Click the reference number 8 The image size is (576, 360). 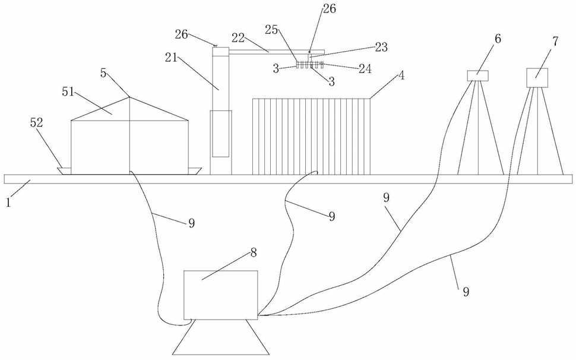pyautogui.click(x=254, y=252)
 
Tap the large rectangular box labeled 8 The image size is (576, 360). pyautogui.click(x=220, y=295)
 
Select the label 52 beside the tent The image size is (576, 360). pyautogui.click(x=36, y=123)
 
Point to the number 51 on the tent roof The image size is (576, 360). pyautogui.click(x=68, y=92)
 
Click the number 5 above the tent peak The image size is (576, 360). pyautogui.click(x=103, y=73)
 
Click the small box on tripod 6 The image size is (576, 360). pyautogui.click(x=477, y=75)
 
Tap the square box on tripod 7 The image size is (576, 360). pyautogui.click(x=537, y=77)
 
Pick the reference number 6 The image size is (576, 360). pyautogui.click(x=498, y=39)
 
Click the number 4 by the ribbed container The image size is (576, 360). pyautogui.click(x=401, y=75)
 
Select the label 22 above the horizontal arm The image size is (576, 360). pyautogui.click(x=238, y=37)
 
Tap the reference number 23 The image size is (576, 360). pyautogui.click(x=381, y=47)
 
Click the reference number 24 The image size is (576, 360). pyautogui.click(x=365, y=69)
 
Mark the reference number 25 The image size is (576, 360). pyautogui.click(x=271, y=30)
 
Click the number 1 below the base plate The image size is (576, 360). pyautogui.click(x=8, y=203)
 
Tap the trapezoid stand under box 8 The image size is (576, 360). pyautogui.click(x=221, y=337)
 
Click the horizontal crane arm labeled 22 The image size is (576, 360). pyautogui.click(x=277, y=51)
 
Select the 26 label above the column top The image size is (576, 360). pyautogui.click(x=182, y=35)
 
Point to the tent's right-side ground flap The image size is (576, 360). pyautogui.click(x=195, y=170)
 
